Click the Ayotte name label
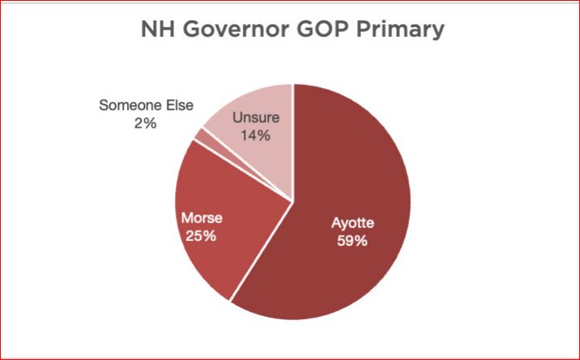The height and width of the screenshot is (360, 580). [354, 223]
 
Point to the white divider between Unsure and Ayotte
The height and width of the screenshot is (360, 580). [293, 138]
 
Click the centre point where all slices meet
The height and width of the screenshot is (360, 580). [293, 199]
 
